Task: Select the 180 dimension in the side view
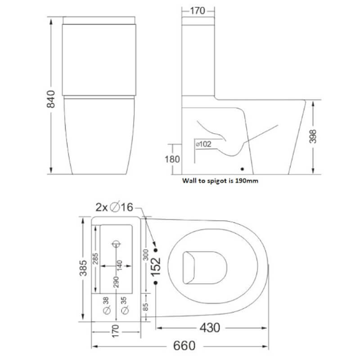point(172,159)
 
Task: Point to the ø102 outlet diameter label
point(204,144)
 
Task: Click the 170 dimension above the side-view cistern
point(198,11)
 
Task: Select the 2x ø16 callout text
point(115,207)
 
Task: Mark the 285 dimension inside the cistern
point(95,260)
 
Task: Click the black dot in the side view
point(243,170)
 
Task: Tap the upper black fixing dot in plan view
point(156,249)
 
